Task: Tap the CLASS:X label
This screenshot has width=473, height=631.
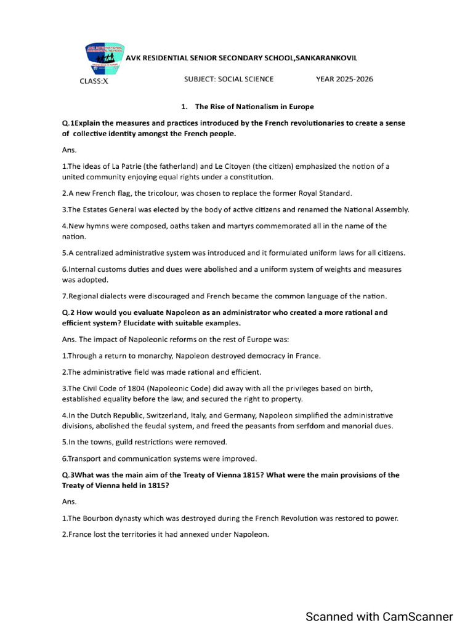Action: [x=94, y=80]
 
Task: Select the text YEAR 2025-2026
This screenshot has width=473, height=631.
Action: [x=344, y=79]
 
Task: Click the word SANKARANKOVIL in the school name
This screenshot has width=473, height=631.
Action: [x=326, y=58]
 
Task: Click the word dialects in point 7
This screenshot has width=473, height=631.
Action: [x=117, y=296]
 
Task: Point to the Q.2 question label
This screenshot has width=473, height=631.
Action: [x=68, y=312]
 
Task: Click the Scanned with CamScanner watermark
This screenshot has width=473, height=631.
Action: [x=379, y=617]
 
